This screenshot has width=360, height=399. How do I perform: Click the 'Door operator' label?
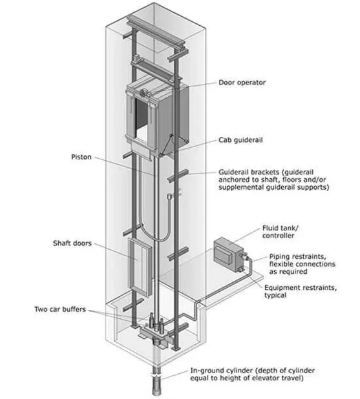click(x=242, y=83)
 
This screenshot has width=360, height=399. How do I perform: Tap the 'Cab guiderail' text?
click(x=240, y=140)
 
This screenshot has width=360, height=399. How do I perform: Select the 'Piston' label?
click(x=81, y=157)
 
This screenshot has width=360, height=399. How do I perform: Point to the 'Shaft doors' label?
click(x=72, y=243)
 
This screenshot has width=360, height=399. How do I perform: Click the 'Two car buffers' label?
click(x=60, y=309)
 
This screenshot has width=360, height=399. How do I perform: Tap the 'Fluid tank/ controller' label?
click(x=280, y=232)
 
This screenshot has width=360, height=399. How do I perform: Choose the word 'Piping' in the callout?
click(x=279, y=256)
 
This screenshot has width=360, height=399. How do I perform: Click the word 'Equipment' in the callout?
click(x=281, y=288)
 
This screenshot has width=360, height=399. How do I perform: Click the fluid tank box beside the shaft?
click(x=228, y=254)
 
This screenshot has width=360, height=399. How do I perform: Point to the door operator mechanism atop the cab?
click(x=144, y=93)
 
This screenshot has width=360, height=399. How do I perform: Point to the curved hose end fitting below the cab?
click(x=169, y=196)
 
